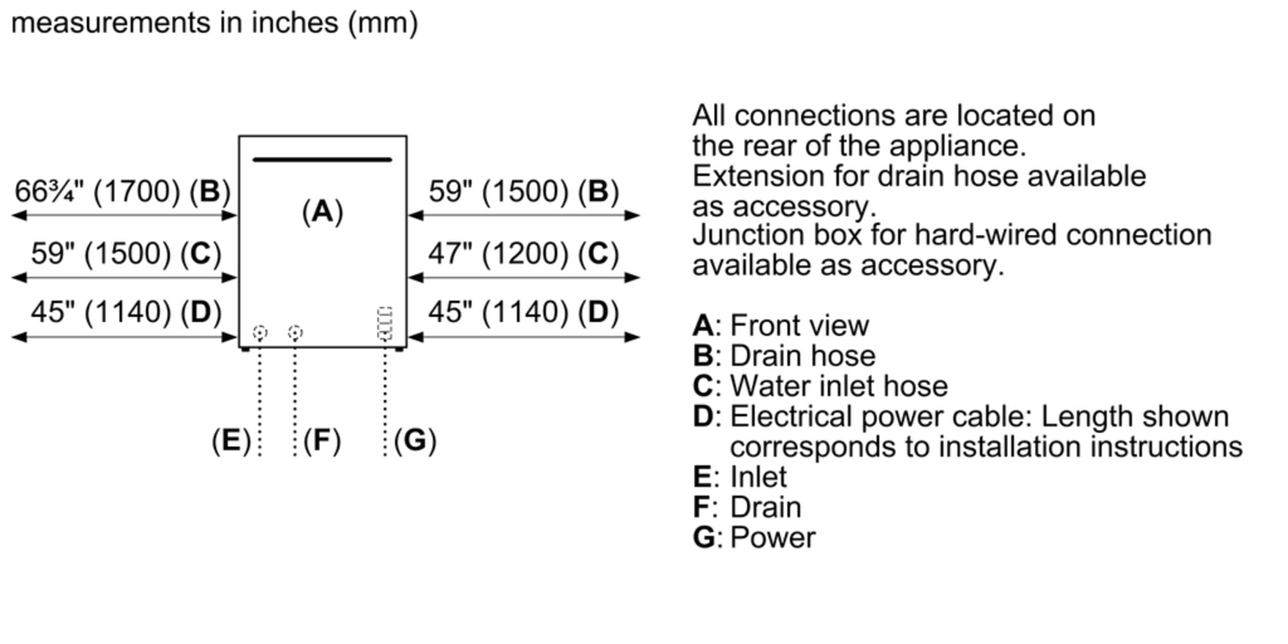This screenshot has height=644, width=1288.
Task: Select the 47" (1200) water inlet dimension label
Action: (523, 253)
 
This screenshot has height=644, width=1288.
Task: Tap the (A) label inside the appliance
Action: (323, 211)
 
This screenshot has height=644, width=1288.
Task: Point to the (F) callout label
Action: (322, 440)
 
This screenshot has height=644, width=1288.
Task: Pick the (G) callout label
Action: (415, 440)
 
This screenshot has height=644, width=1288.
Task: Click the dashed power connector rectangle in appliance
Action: (384, 323)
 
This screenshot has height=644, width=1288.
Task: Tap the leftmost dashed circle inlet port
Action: (260, 332)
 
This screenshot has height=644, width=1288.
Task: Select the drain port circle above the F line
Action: (295, 332)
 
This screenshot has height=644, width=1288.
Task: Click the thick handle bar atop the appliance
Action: (322, 160)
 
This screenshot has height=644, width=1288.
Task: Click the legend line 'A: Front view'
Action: (781, 325)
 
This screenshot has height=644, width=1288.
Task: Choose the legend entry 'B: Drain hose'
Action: (784, 355)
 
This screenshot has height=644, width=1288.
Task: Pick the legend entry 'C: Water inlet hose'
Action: (820, 386)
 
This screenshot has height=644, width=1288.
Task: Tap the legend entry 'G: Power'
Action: (753, 537)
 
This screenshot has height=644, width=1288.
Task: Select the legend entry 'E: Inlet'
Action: (739, 477)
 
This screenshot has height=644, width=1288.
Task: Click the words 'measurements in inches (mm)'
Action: (214, 23)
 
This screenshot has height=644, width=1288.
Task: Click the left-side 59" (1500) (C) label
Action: (126, 253)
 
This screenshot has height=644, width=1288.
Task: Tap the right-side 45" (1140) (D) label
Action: (523, 312)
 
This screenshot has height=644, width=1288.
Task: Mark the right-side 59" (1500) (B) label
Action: (523, 191)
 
